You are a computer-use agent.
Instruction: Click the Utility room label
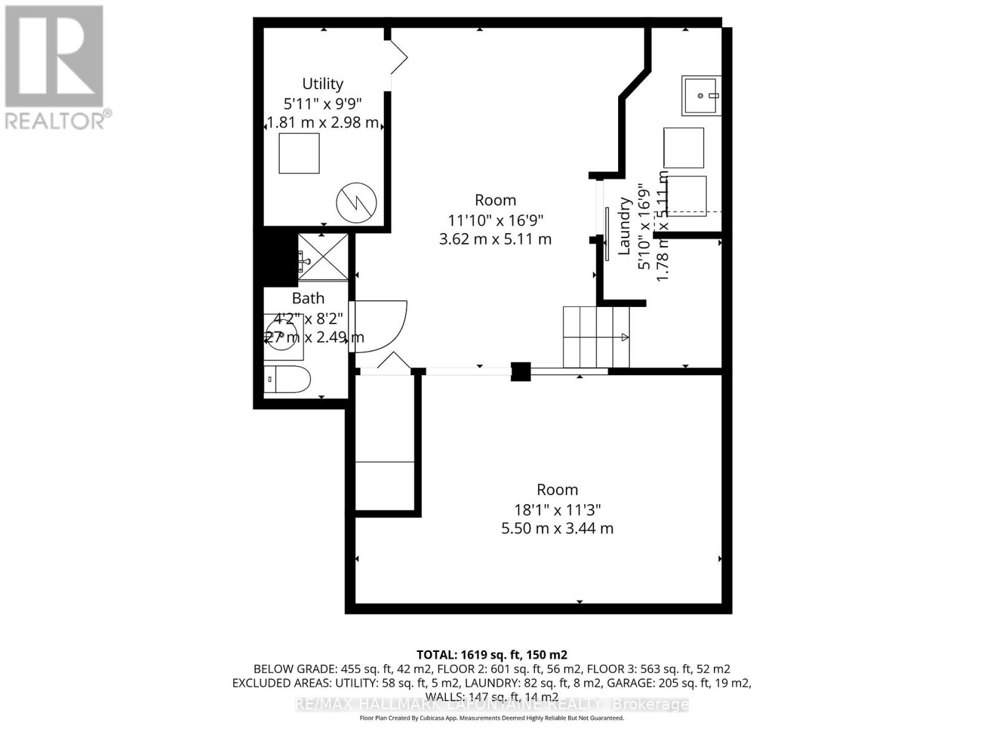(322, 84)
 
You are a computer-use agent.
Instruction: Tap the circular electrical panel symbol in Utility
(356, 202)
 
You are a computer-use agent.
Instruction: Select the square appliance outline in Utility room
(299, 153)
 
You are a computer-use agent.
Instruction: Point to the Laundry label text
(624, 226)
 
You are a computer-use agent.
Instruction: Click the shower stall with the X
(323, 258)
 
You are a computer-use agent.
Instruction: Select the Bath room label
(307, 298)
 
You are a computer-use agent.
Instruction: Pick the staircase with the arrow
(596, 337)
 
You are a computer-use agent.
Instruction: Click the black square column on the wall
(520, 371)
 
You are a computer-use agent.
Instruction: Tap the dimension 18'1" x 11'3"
(557, 509)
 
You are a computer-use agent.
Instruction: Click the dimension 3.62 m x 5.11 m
(495, 239)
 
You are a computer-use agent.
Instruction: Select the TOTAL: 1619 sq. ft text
(491, 654)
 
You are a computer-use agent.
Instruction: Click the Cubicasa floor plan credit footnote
(491, 718)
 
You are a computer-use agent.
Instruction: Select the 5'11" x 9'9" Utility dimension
(322, 103)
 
